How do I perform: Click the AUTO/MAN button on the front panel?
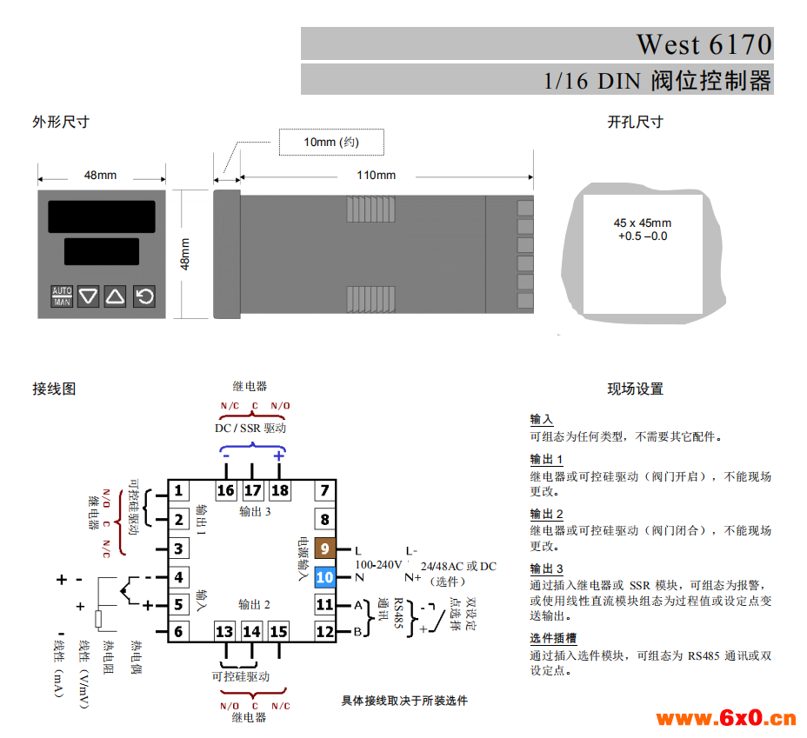(x=62, y=296)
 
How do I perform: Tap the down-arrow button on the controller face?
(x=88, y=296)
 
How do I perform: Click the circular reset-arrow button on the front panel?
(x=144, y=296)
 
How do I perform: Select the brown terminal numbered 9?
(x=324, y=549)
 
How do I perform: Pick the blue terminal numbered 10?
(x=324, y=577)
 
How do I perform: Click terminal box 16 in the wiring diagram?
(x=225, y=490)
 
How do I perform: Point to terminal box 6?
(x=178, y=632)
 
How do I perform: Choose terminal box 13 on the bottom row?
(x=224, y=632)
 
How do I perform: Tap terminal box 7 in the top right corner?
(x=324, y=490)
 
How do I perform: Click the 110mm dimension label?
(x=377, y=176)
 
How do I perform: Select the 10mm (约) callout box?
(x=331, y=142)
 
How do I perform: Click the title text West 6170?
(x=704, y=44)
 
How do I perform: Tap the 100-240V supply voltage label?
(x=378, y=565)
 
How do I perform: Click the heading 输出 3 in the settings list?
(x=547, y=568)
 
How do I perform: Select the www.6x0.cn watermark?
(x=726, y=718)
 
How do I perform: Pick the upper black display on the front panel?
(x=102, y=216)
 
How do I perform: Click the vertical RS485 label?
(x=398, y=613)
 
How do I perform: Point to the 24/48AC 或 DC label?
(x=458, y=566)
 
